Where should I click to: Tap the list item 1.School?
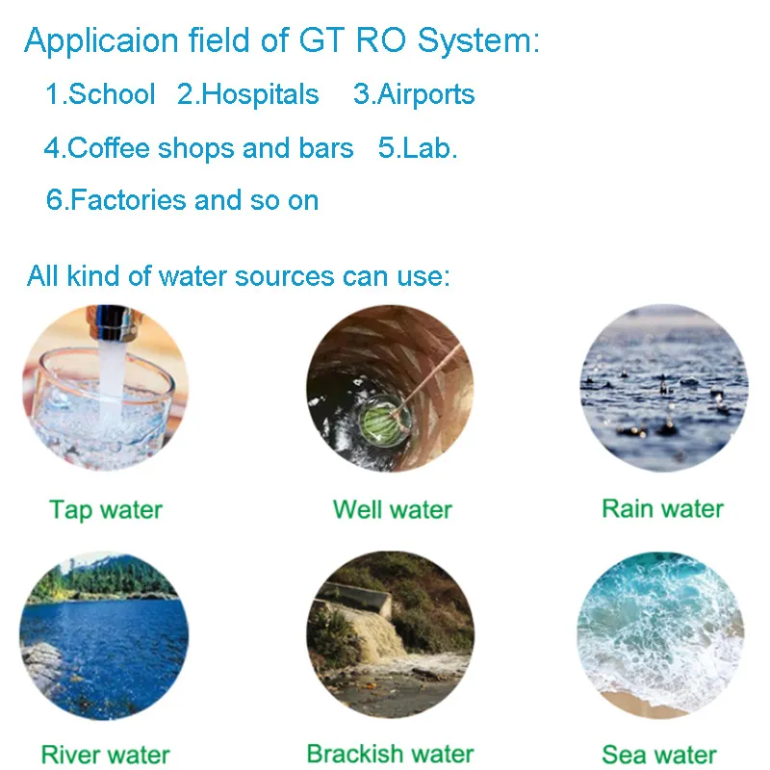click(x=100, y=94)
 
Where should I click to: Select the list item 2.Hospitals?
click(x=248, y=94)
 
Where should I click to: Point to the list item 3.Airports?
click(x=414, y=94)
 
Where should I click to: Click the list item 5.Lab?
click(x=418, y=148)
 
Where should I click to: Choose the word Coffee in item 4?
click(x=110, y=148)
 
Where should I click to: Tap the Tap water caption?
click(x=106, y=509)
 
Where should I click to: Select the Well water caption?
click(x=392, y=509)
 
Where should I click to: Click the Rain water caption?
click(x=662, y=508)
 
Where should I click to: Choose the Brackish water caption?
click(x=390, y=753)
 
